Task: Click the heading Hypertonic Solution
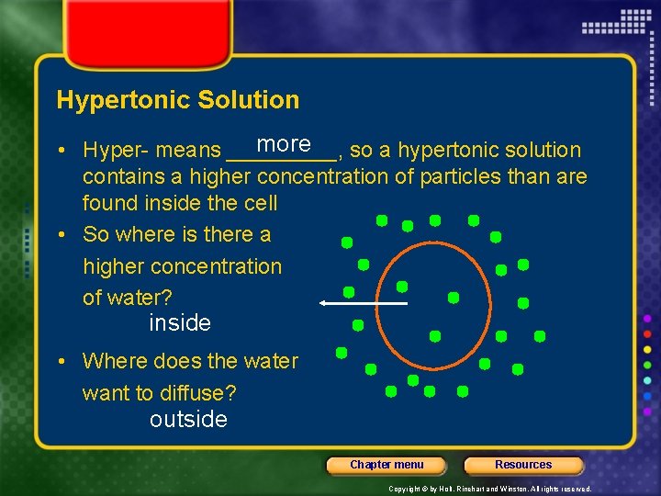(x=177, y=100)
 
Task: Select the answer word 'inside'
(x=180, y=323)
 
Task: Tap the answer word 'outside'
(x=188, y=420)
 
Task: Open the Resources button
(x=523, y=465)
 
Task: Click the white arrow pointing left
(x=363, y=302)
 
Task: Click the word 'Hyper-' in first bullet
(x=116, y=150)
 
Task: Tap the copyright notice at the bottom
(x=489, y=489)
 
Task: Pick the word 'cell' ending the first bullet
(x=260, y=202)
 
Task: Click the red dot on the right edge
(x=648, y=333)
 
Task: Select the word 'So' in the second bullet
(x=95, y=234)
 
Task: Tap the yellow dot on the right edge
(x=648, y=349)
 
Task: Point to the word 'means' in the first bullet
(x=188, y=150)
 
